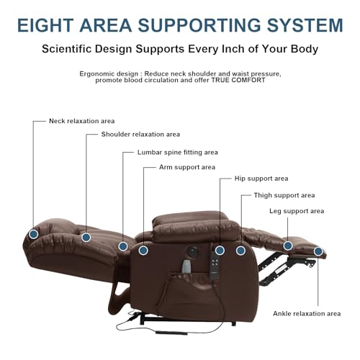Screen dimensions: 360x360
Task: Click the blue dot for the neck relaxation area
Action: pos(34,234)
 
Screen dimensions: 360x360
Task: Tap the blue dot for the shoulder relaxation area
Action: pos(86,237)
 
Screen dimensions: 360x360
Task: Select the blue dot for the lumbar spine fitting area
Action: pos(123,246)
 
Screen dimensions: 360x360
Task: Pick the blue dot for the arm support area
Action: pos(143,251)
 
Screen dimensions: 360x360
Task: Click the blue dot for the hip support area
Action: pos(220,251)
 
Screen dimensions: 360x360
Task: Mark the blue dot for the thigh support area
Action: pos(240,251)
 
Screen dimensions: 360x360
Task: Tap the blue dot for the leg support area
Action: pos(288,246)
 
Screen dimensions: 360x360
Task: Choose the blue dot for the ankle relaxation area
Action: pos(318,251)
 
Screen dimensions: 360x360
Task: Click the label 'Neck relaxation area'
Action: pos(82,121)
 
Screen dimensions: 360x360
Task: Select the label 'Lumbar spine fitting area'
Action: pos(178,153)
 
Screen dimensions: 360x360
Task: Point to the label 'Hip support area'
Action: pos(261,179)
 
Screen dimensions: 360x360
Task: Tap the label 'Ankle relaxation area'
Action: pos(307,313)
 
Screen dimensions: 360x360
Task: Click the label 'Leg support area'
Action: pos(297,211)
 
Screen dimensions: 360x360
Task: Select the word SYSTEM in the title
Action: pos(305,25)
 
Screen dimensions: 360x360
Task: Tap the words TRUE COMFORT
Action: pos(238,80)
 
